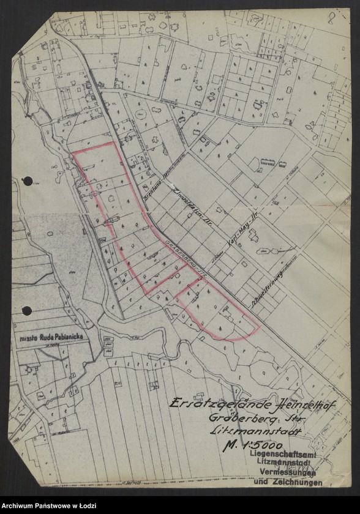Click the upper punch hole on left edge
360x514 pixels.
click(26, 181)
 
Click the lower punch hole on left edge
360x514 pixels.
click(26, 311)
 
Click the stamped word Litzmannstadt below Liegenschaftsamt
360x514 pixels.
click(286, 464)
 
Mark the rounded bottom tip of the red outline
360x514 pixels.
click(231, 337)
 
